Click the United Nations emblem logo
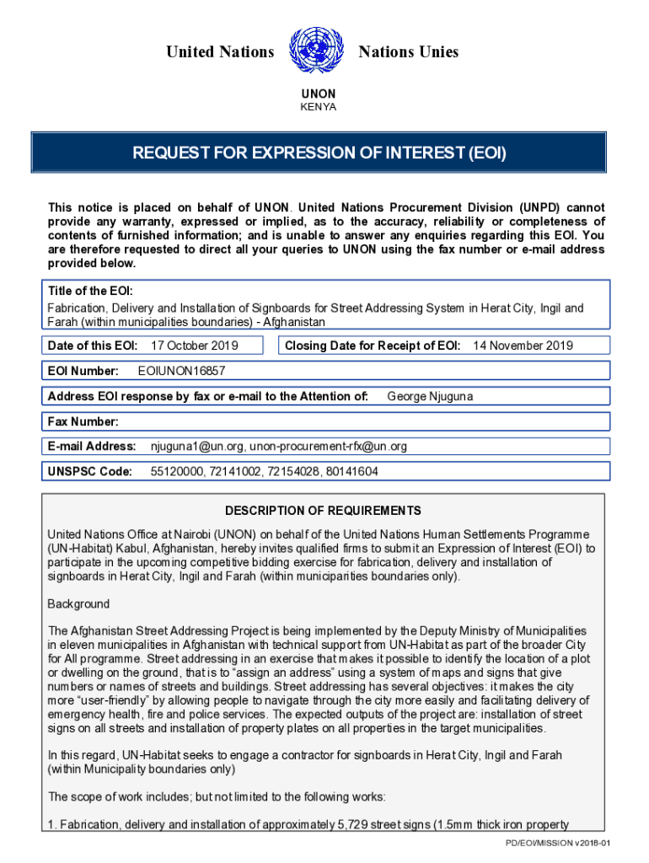[316, 51]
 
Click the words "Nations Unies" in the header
[409, 52]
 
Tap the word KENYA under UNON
[319, 107]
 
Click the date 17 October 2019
[194, 346]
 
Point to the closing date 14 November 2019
[523, 346]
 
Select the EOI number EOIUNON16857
[181, 371]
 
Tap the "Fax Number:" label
[83, 421]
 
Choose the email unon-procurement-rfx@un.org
[328, 446]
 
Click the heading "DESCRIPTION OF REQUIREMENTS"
[323, 511]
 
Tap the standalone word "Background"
[78, 604]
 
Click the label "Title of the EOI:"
[90, 291]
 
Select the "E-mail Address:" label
[92, 446]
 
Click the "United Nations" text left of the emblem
[220, 52]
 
